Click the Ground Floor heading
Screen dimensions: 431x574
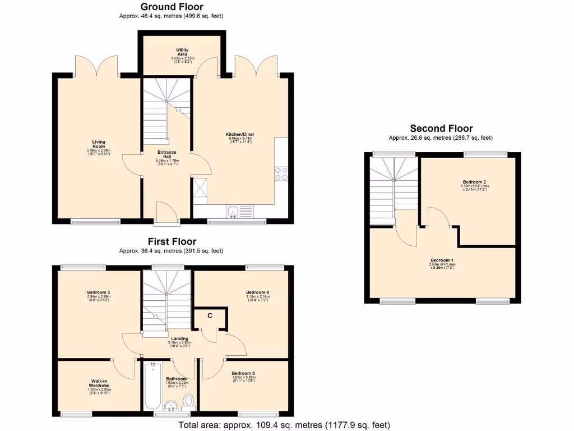pyautogui.click(x=172, y=7)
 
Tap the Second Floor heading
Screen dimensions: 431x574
pyautogui.click(x=441, y=129)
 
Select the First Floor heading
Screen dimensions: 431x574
pyautogui.click(x=172, y=241)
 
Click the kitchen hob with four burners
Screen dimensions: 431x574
pyautogui.click(x=281, y=174)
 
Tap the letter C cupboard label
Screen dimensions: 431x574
pyautogui.click(x=210, y=315)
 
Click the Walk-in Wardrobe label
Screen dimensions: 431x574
pyautogui.click(x=98, y=384)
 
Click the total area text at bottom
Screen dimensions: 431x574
pyautogui.click(x=284, y=425)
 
